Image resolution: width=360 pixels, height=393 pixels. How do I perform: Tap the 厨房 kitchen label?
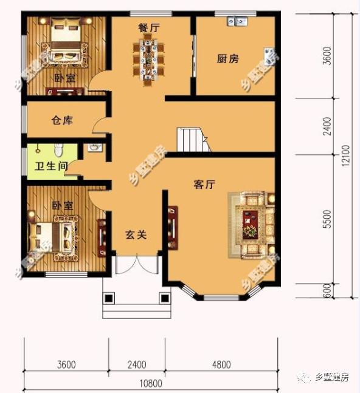click(228, 59)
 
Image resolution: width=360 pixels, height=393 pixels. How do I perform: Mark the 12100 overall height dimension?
click(346, 155)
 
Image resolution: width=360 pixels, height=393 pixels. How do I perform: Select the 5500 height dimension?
click(328, 218)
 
